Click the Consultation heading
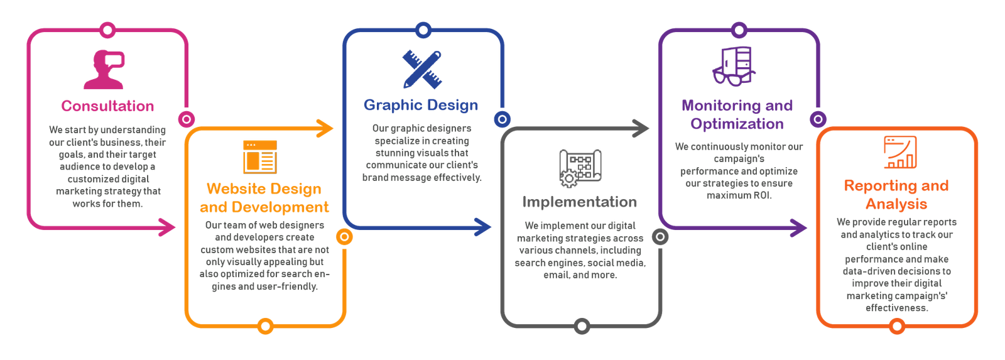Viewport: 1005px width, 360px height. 108,106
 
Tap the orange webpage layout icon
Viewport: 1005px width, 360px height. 259,156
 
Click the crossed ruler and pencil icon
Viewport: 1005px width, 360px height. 422,70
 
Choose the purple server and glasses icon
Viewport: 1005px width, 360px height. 734,65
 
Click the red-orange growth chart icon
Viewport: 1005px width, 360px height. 899,153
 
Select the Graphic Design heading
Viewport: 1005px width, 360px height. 421,105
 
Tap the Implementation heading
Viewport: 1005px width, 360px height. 580,202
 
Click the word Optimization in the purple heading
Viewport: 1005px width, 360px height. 737,124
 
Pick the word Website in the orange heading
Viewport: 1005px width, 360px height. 232,188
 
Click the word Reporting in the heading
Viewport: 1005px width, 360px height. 872,186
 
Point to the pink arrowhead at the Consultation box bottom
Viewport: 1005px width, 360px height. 168,227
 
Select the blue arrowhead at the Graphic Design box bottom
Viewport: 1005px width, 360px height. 484,227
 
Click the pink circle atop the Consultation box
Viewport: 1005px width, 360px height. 107,30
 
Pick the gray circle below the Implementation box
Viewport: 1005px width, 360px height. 582,326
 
